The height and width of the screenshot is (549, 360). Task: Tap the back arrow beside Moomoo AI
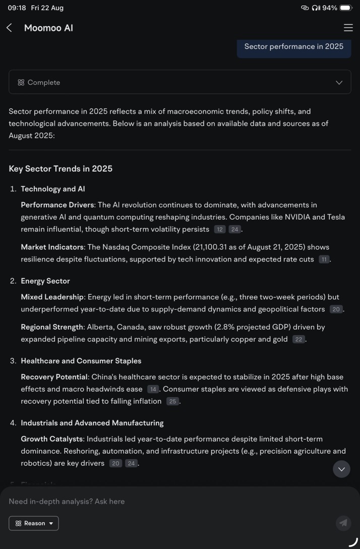(x=9, y=28)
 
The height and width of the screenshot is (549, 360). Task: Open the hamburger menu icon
(x=348, y=28)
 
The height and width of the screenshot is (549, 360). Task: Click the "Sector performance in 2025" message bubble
(x=294, y=46)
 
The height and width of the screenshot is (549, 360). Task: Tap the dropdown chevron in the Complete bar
(x=339, y=82)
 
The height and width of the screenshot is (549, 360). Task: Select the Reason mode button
(x=34, y=523)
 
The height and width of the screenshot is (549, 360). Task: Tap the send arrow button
(x=343, y=523)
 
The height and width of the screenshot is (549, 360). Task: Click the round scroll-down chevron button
(x=341, y=469)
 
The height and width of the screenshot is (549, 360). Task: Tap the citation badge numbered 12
(x=219, y=230)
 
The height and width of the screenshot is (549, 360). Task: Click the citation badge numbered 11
(x=324, y=259)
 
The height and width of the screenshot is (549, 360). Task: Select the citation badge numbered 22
(x=298, y=340)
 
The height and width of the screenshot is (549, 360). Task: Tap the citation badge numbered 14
(x=153, y=390)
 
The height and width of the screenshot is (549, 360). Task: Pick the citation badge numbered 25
(x=173, y=402)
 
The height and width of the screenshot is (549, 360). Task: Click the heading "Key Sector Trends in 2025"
(x=61, y=169)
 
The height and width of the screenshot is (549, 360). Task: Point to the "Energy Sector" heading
(x=45, y=281)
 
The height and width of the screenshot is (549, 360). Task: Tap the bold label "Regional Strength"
(x=52, y=327)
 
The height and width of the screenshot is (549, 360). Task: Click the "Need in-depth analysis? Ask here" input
(x=151, y=501)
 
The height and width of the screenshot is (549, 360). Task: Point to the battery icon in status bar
(x=346, y=8)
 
